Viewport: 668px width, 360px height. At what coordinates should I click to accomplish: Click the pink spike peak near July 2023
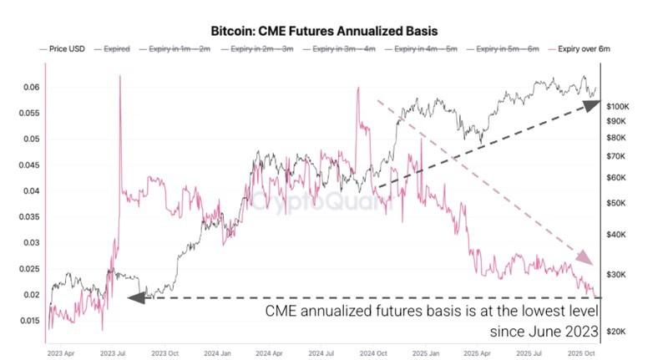point(120,76)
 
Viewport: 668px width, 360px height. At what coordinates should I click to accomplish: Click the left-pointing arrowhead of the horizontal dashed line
point(134,297)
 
